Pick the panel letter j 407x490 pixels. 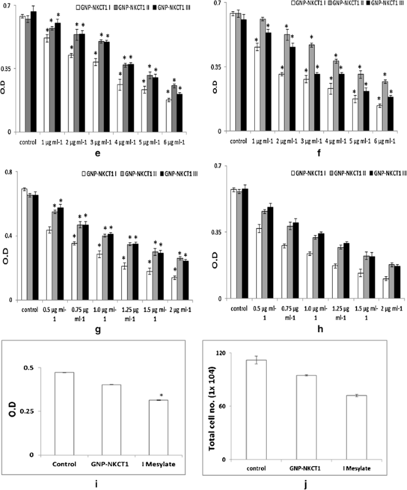pos(304,484)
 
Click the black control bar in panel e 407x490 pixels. pos(33,71)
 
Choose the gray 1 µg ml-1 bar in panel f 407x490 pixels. pos(262,75)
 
